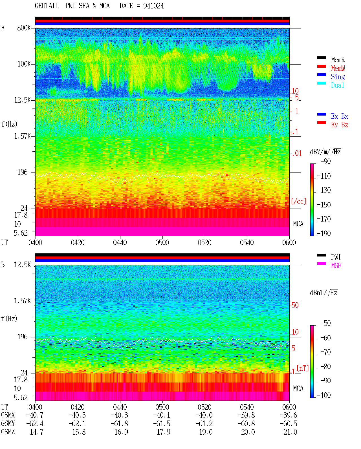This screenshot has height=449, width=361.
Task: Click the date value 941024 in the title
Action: click(x=153, y=6)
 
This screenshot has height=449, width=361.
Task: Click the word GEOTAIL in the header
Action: click(x=47, y=6)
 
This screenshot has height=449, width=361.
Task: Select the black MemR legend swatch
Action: click(x=321, y=58)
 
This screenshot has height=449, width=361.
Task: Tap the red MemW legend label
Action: click(x=338, y=68)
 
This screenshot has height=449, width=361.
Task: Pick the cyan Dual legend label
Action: click(x=338, y=85)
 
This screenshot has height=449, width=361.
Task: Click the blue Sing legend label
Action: click(x=338, y=77)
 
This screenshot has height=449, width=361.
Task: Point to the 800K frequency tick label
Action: click(x=24, y=28)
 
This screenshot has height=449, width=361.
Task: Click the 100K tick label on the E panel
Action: click(x=24, y=64)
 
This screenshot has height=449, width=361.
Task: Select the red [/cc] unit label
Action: click(x=299, y=201)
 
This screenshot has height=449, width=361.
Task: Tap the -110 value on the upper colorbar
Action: click(x=324, y=176)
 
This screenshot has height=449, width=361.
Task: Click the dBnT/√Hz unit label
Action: click(x=324, y=293)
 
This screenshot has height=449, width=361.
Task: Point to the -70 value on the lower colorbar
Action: click(x=325, y=352)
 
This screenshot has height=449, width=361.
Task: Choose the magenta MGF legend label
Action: click(x=336, y=266)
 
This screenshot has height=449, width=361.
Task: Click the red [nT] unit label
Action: click(x=303, y=368)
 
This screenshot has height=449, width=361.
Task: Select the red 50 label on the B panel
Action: click(x=295, y=305)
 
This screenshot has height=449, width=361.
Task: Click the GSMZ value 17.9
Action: click(x=164, y=432)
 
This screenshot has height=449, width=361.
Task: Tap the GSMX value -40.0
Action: click(x=204, y=415)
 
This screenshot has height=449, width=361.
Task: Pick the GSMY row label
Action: click(x=8, y=424)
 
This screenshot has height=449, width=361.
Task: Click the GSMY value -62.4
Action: click(x=35, y=424)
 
